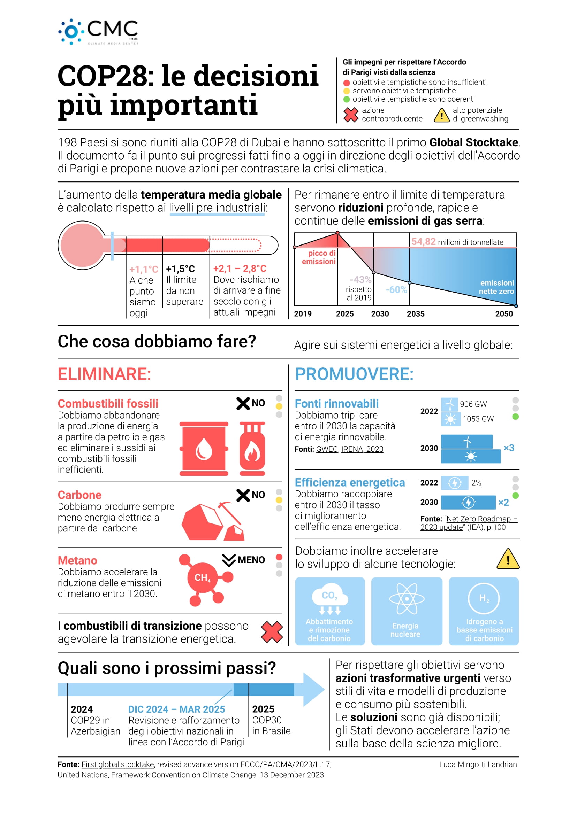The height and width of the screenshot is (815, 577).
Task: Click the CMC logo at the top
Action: [x=98, y=32]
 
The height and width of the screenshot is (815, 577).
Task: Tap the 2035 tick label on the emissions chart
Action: [x=415, y=314]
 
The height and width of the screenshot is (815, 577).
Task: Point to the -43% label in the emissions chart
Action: [x=360, y=280]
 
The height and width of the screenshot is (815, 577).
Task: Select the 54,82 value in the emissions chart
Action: [x=423, y=242]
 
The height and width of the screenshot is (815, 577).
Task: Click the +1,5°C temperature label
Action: [x=181, y=269]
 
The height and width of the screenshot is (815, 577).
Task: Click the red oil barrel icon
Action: [x=204, y=449]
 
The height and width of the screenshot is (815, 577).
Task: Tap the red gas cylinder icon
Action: [x=252, y=449]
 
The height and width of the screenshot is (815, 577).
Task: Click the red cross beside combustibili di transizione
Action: [x=272, y=632]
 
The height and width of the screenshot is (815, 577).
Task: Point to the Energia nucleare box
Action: [x=407, y=611]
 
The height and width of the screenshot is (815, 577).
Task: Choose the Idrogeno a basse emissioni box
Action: [x=484, y=611]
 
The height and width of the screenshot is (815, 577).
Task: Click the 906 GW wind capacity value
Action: [x=473, y=404]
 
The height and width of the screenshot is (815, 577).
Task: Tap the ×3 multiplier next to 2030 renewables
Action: [x=509, y=448]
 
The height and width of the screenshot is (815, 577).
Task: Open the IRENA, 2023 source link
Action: [x=362, y=449]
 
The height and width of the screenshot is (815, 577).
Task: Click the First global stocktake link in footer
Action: [x=117, y=764]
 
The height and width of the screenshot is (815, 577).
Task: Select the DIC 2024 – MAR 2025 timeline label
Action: [x=176, y=709]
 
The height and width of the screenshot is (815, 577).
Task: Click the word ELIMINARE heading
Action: [x=105, y=374]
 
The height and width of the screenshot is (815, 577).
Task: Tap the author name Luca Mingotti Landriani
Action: [x=479, y=764]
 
